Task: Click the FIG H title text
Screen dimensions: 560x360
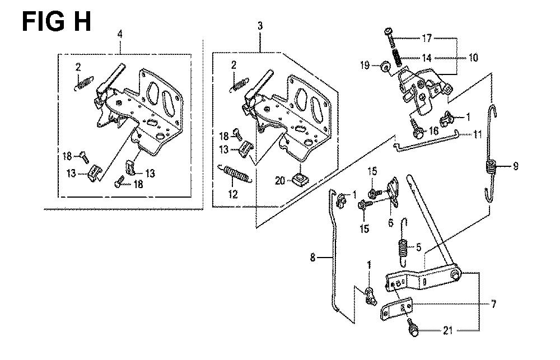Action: [x=57, y=21]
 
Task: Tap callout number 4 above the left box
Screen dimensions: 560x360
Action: [x=120, y=34]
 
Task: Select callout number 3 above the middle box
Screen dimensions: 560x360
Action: [x=260, y=26]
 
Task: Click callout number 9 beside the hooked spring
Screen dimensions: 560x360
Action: [x=515, y=166]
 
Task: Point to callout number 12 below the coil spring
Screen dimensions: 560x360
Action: [x=233, y=194]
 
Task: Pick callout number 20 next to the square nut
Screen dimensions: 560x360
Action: [x=280, y=181]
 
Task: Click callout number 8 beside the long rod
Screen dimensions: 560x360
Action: [x=313, y=257]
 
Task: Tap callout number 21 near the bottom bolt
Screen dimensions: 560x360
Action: [x=448, y=331]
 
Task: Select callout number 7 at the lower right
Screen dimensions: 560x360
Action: [x=493, y=305]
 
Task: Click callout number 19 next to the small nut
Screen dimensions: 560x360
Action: [x=365, y=66]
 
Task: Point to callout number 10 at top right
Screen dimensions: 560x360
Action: [x=473, y=58]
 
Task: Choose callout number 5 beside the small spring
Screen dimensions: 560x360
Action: [x=418, y=247]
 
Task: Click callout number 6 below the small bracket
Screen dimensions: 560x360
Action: [x=391, y=223]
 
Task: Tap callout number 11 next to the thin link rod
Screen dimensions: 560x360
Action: [x=478, y=134]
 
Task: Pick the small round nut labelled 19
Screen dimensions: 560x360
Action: [x=385, y=67]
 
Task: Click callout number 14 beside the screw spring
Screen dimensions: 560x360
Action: [x=426, y=58]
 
